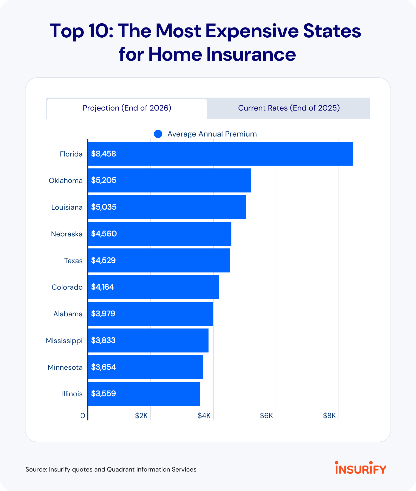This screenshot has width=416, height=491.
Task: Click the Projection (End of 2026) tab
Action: [x=127, y=108]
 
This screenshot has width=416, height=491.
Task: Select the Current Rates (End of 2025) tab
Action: [x=289, y=108]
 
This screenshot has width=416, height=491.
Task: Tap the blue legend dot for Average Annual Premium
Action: [x=158, y=134]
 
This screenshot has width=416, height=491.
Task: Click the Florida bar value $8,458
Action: [x=103, y=154]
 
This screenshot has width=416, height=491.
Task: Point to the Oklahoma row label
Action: [x=66, y=181]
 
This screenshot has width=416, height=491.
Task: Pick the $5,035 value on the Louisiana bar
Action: [x=104, y=207]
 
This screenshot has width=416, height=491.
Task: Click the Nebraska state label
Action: [x=67, y=234]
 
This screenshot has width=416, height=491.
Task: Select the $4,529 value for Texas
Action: [x=103, y=261]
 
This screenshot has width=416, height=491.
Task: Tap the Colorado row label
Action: [x=67, y=287]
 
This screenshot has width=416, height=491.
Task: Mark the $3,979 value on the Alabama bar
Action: [x=103, y=314]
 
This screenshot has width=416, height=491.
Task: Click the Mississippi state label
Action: [x=64, y=340]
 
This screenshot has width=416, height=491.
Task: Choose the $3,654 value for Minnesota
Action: [x=103, y=367]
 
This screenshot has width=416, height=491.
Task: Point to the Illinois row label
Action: [x=72, y=394]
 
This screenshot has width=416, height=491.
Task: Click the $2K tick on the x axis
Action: [x=141, y=416]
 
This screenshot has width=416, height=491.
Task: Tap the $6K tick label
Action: [x=266, y=416]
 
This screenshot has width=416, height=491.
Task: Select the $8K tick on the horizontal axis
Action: [x=329, y=416]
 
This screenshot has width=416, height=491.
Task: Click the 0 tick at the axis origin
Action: [x=83, y=416]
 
